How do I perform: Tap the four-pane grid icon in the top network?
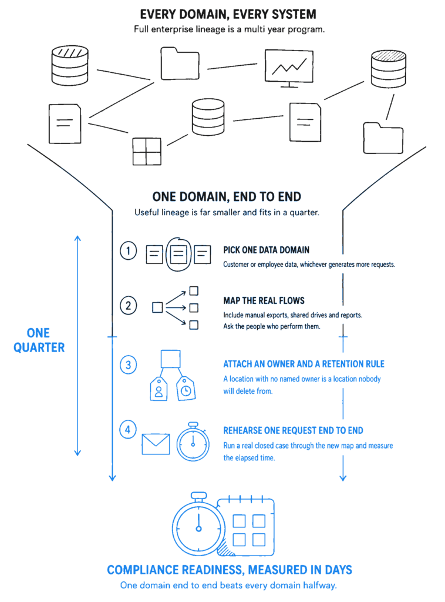click(x=147, y=152)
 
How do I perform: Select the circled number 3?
click(x=128, y=364)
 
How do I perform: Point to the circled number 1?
click(x=128, y=251)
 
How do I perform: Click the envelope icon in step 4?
click(x=156, y=444)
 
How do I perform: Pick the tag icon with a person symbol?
click(x=159, y=389)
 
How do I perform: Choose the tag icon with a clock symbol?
click(x=186, y=389)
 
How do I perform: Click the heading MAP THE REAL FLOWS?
click(x=264, y=300)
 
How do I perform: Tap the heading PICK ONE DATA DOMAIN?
click(x=267, y=250)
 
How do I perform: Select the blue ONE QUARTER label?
click(x=39, y=340)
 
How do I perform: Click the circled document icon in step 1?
click(x=178, y=254)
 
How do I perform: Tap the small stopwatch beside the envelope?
click(x=193, y=442)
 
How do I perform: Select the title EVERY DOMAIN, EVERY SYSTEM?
click(x=228, y=14)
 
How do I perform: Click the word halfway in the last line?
click(x=320, y=585)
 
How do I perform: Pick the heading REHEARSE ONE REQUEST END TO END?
click(x=293, y=430)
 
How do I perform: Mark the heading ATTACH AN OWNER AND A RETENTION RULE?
click(x=304, y=364)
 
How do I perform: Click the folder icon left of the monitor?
click(x=180, y=63)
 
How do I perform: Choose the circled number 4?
click(x=128, y=429)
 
